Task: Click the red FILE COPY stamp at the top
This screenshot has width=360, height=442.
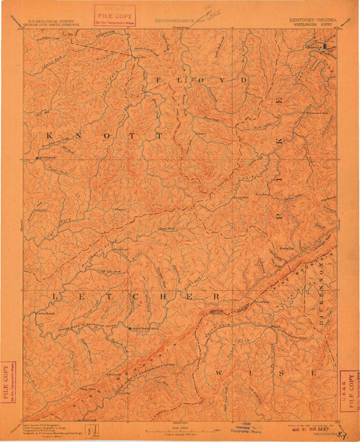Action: tap(115, 13)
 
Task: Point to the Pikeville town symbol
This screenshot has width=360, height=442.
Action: tap(326, 47)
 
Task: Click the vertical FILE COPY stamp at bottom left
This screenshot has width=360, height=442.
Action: tap(8, 383)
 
